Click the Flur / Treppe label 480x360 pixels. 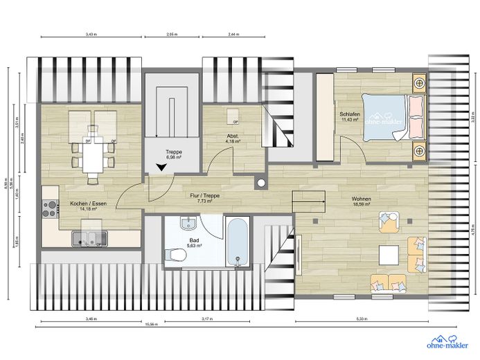coord(205,196)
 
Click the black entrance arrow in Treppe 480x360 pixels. coord(161,167)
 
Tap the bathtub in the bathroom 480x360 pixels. coord(238,243)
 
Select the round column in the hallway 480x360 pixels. coord(260,183)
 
